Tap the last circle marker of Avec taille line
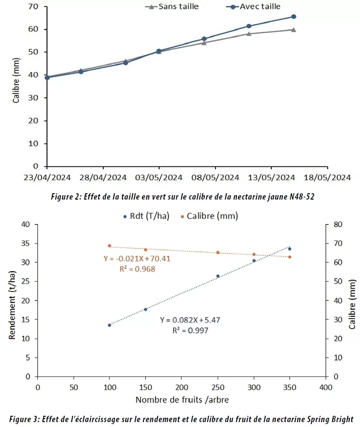(x=294, y=17)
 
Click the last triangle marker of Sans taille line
(x=293, y=30)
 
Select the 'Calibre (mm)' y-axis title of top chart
(x=16, y=85)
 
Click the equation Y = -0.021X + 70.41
(x=137, y=259)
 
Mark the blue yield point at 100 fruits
(x=109, y=325)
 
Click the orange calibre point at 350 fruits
(x=290, y=257)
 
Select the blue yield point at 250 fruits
(x=218, y=276)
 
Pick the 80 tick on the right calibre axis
(x=339, y=224)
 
